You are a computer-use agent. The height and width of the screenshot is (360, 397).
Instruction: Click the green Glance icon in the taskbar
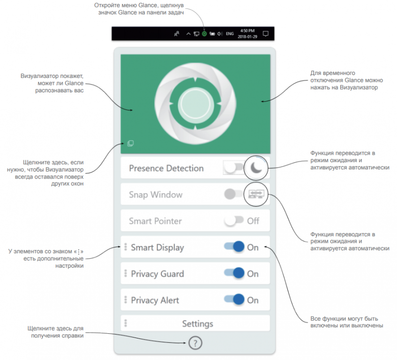click(204, 34)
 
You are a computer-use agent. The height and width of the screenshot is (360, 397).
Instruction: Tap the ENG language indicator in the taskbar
click(230, 34)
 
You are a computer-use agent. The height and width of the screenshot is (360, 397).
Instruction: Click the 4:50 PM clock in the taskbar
click(247, 30)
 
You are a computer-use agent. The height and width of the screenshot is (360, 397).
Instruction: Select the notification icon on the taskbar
click(266, 34)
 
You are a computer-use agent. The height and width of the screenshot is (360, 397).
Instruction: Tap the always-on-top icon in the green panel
click(130, 143)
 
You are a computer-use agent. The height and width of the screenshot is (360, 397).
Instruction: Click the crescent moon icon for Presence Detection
click(256, 168)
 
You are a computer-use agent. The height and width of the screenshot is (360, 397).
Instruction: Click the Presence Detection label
click(166, 168)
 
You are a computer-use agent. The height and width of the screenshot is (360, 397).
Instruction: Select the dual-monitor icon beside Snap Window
click(256, 194)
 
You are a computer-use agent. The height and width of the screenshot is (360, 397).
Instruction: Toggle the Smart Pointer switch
click(234, 221)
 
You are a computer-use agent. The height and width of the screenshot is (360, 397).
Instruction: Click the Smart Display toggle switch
click(234, 247)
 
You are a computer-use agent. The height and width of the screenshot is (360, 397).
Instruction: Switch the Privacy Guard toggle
click(234, 273)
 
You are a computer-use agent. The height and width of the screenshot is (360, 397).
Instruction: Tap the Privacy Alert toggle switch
click(234, 299)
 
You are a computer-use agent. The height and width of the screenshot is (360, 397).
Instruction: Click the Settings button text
click(198, 324)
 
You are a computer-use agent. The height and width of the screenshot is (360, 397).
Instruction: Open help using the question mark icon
click(195, 343)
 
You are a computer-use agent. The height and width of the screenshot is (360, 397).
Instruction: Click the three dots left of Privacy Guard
click(126, 273)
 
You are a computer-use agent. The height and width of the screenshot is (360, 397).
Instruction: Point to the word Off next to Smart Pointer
click(253, 221)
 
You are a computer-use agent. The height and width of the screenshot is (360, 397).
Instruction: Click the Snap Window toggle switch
click(233, 194)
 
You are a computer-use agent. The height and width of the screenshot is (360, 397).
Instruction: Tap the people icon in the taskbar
click(177, 34)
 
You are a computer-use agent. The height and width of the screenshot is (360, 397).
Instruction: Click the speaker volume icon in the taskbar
click(220, 34)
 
